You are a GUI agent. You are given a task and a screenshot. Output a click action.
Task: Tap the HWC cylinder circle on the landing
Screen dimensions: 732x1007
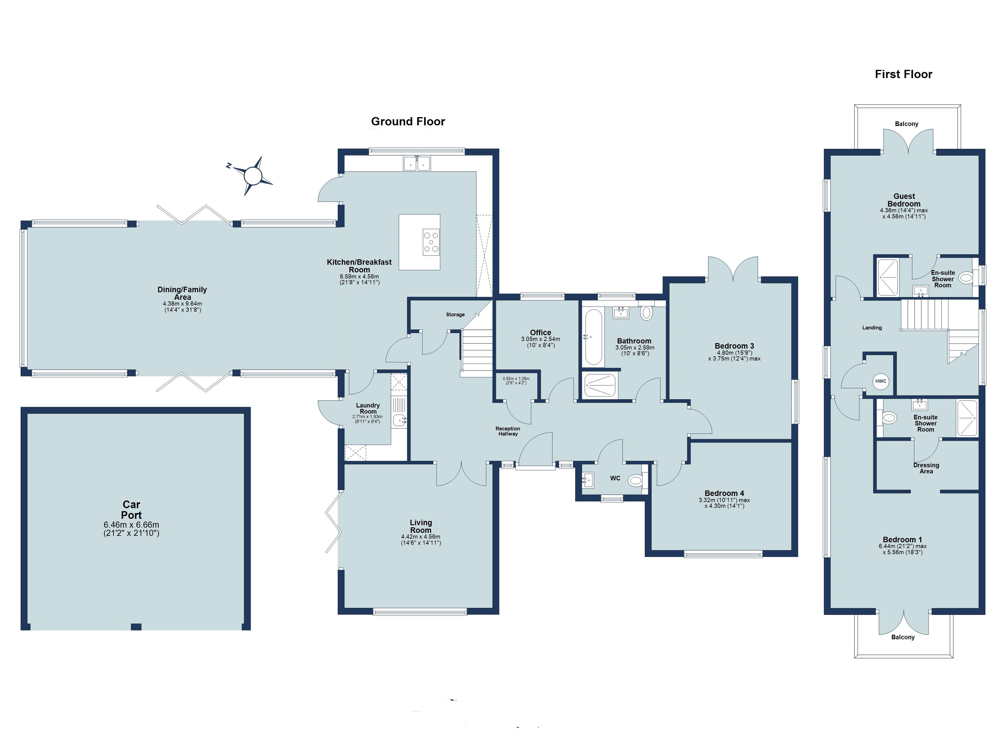coord(880,381)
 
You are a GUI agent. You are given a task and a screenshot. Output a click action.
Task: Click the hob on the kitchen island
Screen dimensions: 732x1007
coord(431,242)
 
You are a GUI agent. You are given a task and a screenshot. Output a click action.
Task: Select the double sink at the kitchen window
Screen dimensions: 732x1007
coord(417,163)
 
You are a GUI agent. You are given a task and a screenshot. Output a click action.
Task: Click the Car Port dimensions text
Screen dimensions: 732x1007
coord(132,529)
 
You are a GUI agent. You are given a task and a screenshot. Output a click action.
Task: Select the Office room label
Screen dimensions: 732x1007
coord(540,332)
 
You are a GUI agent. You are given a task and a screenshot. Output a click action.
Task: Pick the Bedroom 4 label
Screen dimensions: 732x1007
coord(724,493)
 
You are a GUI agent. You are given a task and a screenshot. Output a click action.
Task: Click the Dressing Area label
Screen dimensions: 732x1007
coord(926,468)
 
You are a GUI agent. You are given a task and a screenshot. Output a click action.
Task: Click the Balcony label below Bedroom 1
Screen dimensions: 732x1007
coord(903,637)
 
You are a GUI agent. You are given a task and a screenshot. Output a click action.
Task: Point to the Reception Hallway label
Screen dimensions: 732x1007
coord(507,431)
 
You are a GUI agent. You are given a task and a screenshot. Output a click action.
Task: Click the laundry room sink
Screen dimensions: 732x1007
coord(399,420)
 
